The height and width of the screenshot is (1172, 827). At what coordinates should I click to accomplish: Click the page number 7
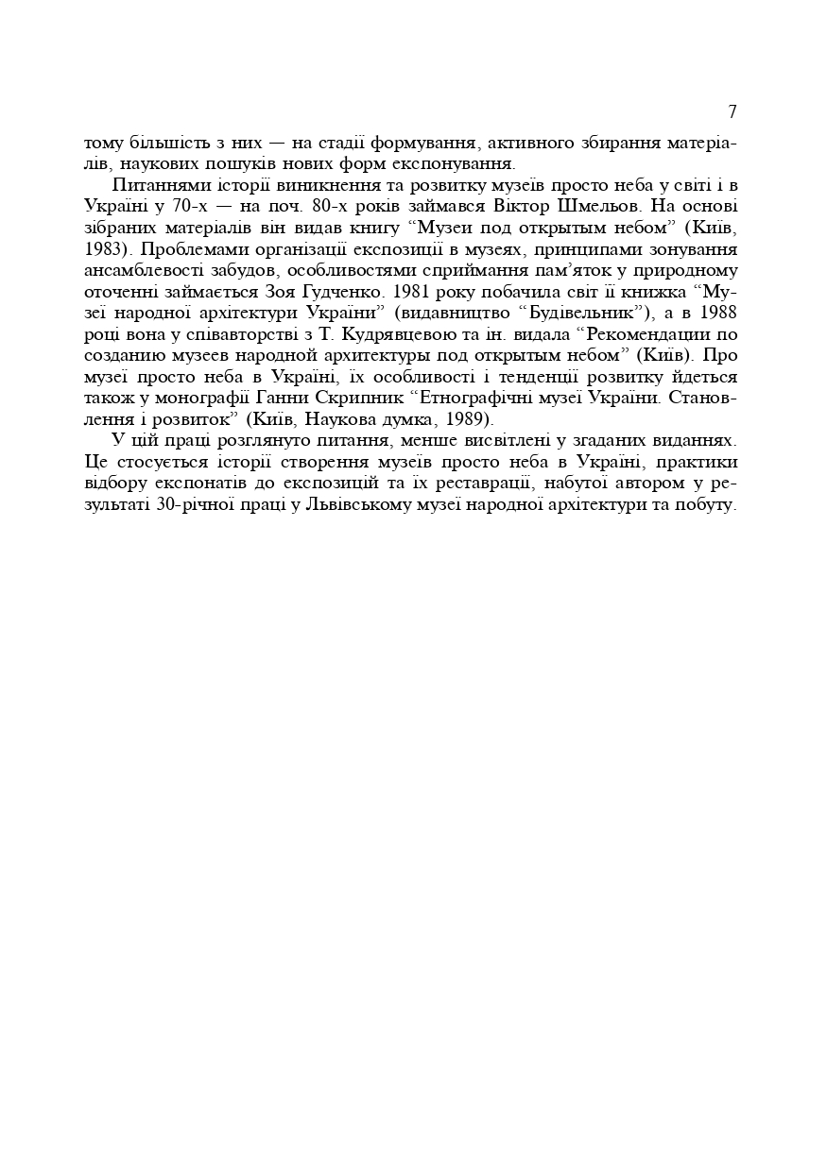[x=732, y=111]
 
